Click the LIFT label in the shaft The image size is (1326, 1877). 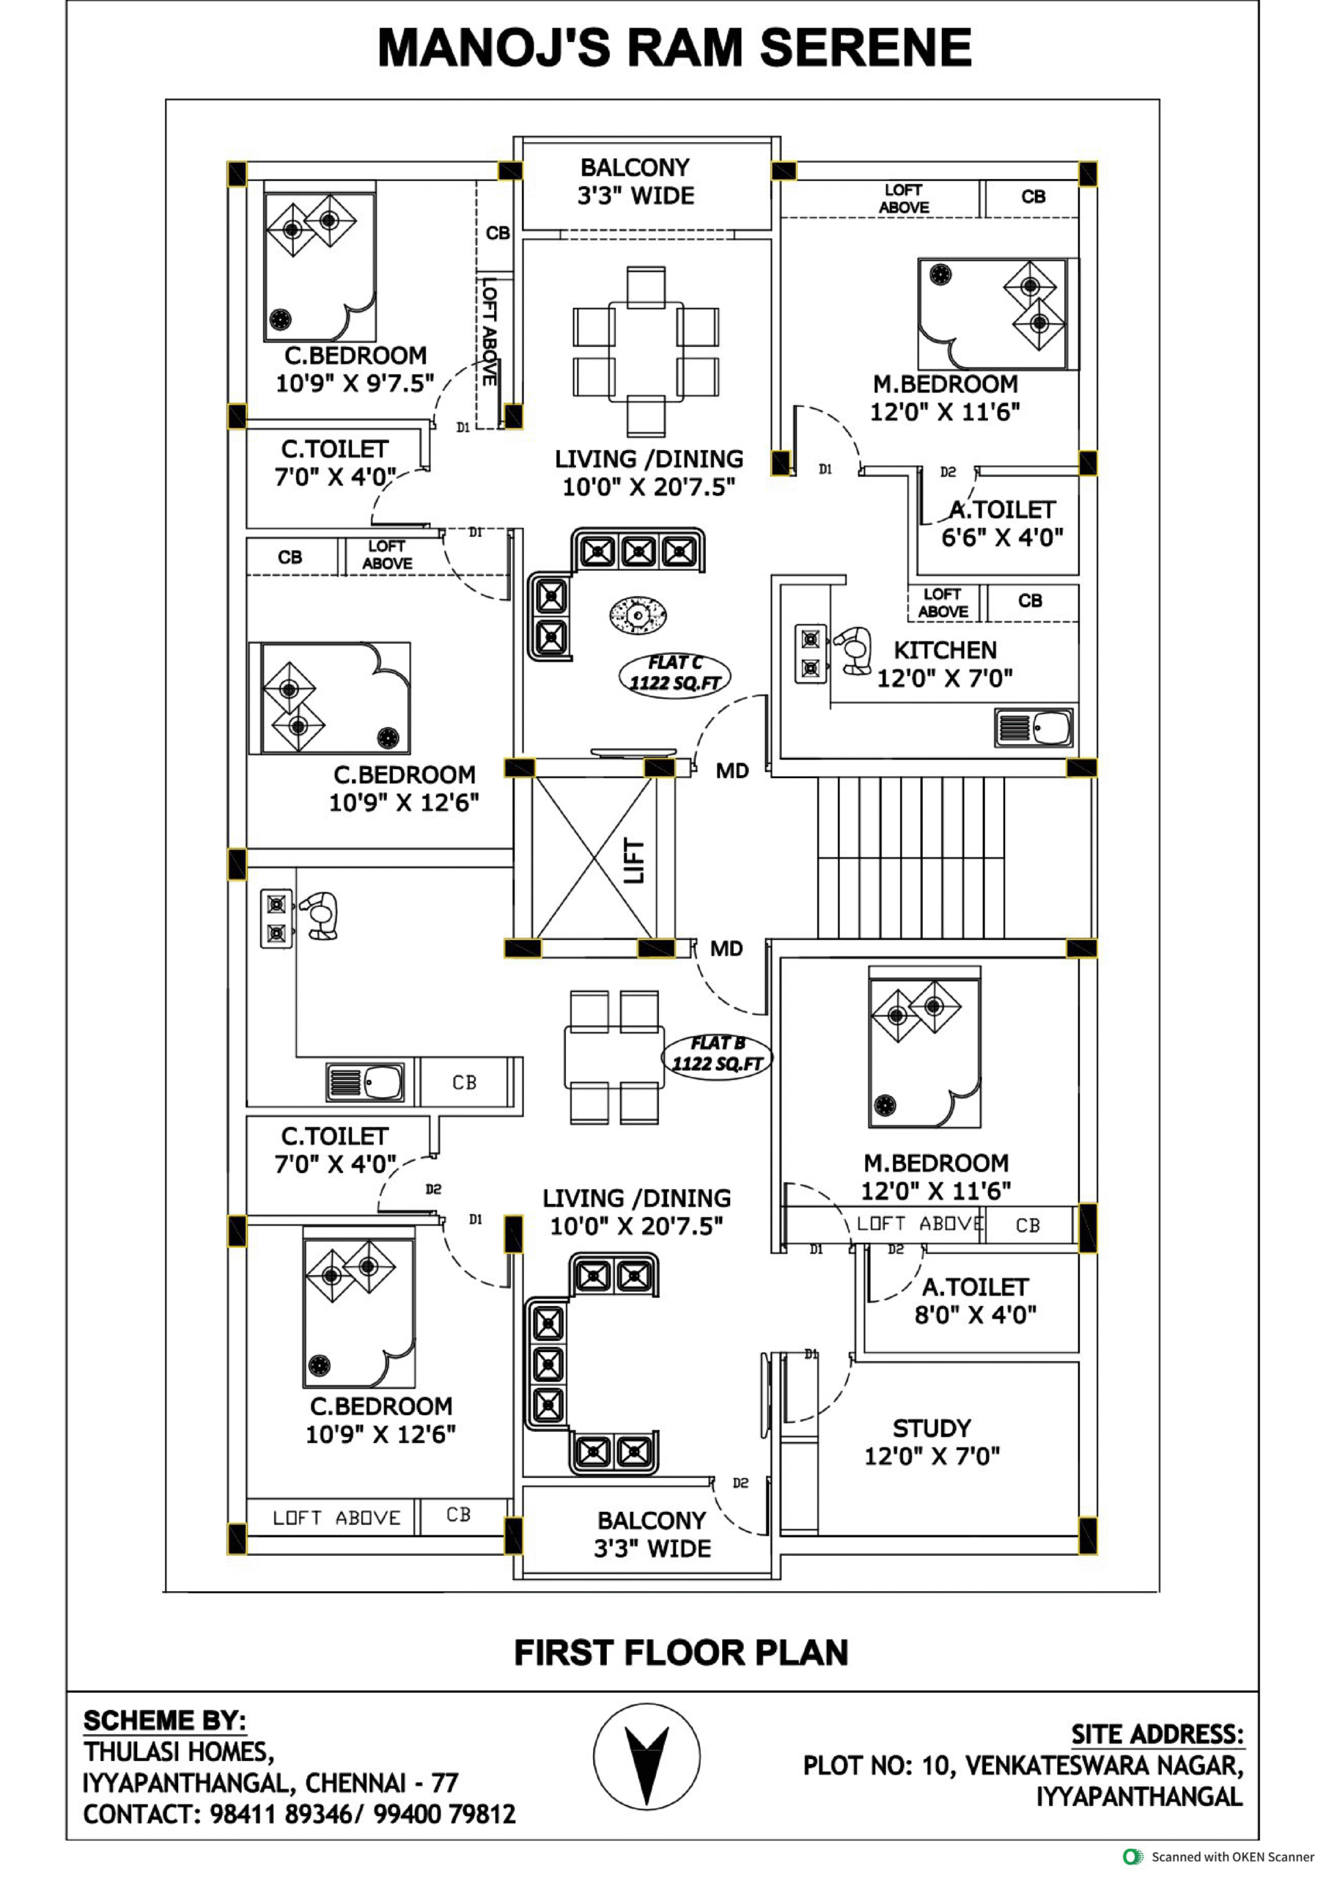pos(634,860)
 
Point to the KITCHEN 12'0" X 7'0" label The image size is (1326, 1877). pos(945,664)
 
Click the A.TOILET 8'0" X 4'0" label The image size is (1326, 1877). pos(976,1301)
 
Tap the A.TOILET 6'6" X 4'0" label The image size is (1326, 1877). pos(1002,524)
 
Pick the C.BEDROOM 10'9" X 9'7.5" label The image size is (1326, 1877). pos(355,369)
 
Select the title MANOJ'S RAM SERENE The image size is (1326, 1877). pos(674,47)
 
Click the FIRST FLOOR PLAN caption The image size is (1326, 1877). pos(681,1652)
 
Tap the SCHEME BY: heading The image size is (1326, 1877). pos(164,1720)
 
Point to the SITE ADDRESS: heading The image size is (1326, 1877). pos(1157,1734)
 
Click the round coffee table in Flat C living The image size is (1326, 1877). pos(638,614)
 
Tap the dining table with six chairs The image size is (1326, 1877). pos(646,351)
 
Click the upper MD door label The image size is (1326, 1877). pos(732,771)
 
